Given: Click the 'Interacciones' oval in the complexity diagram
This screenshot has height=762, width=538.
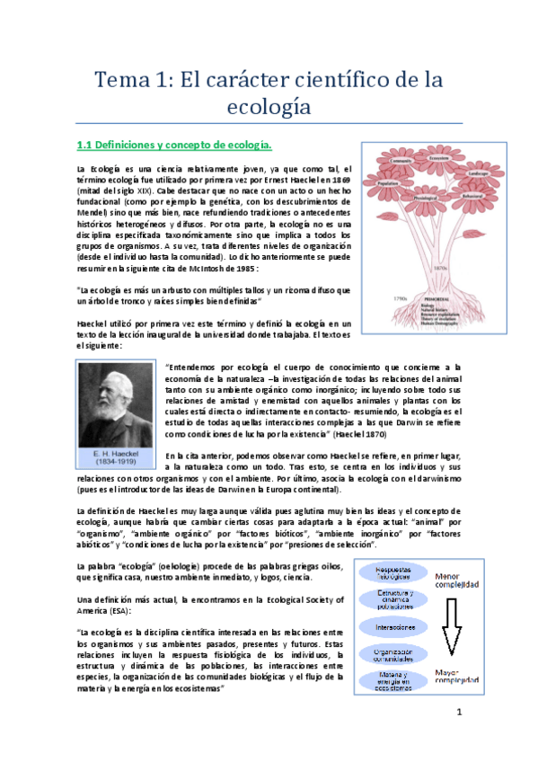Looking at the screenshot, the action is click(x=395, y=625).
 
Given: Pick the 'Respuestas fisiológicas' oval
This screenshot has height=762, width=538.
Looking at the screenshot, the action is click(x=395, y=571).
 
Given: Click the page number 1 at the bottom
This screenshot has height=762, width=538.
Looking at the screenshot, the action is click(x=458, y=714).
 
